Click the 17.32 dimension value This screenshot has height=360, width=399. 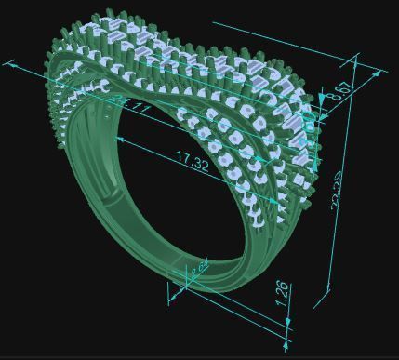(192, 160)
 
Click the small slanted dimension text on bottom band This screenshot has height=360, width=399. (198, 272)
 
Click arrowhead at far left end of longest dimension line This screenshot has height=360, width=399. (12, 64)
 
